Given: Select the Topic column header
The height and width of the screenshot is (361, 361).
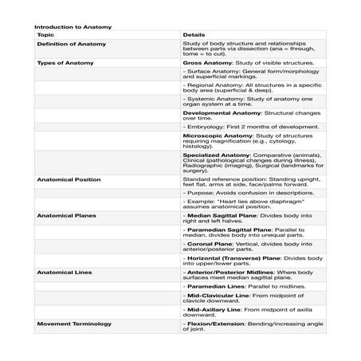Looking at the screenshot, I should (45, 36).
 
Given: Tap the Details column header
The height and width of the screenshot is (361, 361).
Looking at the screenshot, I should (194, 36).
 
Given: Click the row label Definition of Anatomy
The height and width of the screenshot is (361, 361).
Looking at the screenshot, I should (71, 45).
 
